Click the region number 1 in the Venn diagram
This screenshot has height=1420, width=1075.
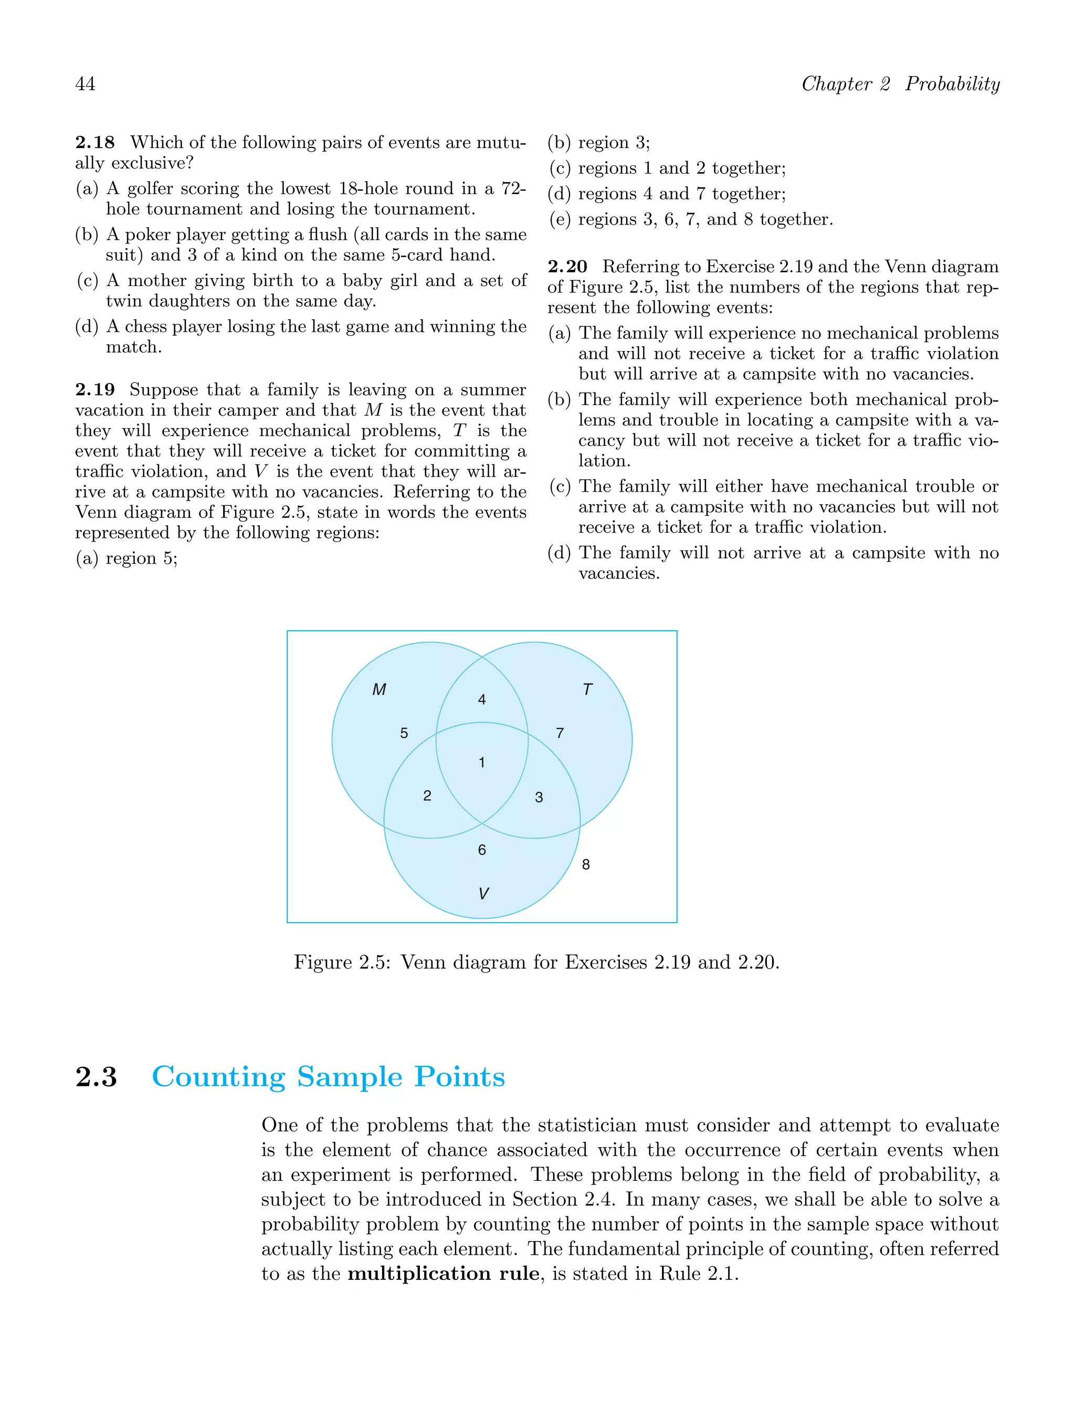[482, 762]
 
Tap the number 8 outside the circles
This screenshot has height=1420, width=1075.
[586, 865]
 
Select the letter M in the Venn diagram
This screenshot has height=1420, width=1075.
[379, 690]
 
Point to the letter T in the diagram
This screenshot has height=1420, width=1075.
[587, 690]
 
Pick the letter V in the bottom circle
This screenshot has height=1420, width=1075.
[483, 894]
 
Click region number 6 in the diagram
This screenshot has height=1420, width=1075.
[482, 850]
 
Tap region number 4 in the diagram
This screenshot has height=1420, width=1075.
[482, 700]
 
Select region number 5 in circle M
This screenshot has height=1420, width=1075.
[404, 733]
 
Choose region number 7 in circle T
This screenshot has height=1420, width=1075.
[560, 733]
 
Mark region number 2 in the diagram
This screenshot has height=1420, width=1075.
[427, 796]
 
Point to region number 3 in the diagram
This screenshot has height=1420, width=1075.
[539, 797]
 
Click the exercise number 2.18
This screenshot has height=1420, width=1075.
[95, 143]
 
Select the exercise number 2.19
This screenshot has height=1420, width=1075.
[95, 390]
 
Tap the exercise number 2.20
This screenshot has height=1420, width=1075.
[568, 267]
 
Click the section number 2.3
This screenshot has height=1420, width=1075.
[97, 1077]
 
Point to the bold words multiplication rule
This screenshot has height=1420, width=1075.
[443, 1274]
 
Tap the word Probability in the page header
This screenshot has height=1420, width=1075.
[952, 84]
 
